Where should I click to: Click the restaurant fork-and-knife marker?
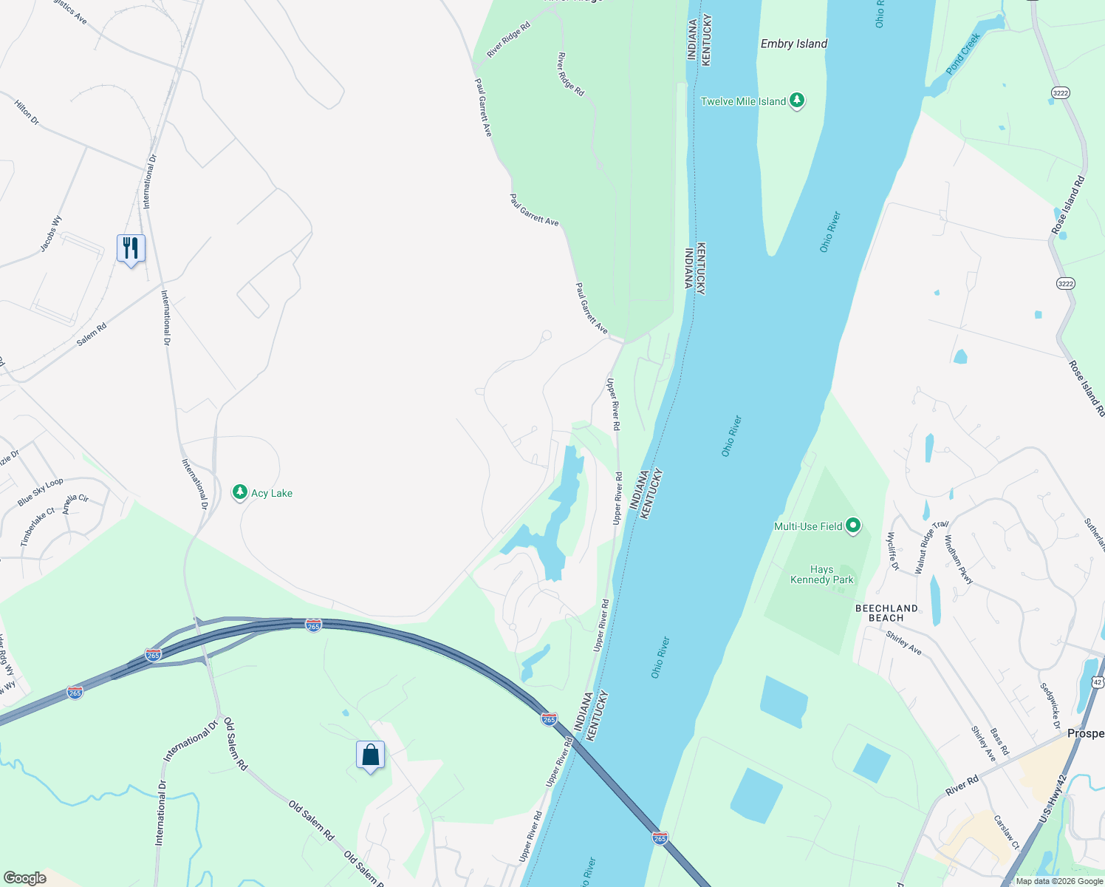[131, 249]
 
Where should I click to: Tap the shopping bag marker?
[370, 755]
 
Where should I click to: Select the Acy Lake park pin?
[239, 492]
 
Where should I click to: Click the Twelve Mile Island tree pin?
[796, 101]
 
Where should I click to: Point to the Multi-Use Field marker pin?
[853, 526]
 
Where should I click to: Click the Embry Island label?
[794, 44]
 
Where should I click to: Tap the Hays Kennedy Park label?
[822, 574]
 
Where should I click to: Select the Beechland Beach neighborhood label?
[886, 613]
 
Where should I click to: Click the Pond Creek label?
[963, 53]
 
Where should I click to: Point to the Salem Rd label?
[92, 334]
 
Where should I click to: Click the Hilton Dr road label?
[27, 112]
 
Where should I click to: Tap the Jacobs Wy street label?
[51, 234]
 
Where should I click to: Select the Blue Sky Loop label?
[41, 492]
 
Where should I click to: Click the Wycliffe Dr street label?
[892, 551]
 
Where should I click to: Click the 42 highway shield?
[1098, 682]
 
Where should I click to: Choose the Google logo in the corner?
[24, 878]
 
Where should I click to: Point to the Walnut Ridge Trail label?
[931, 547]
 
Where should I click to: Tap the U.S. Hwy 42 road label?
[1053, 798]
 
